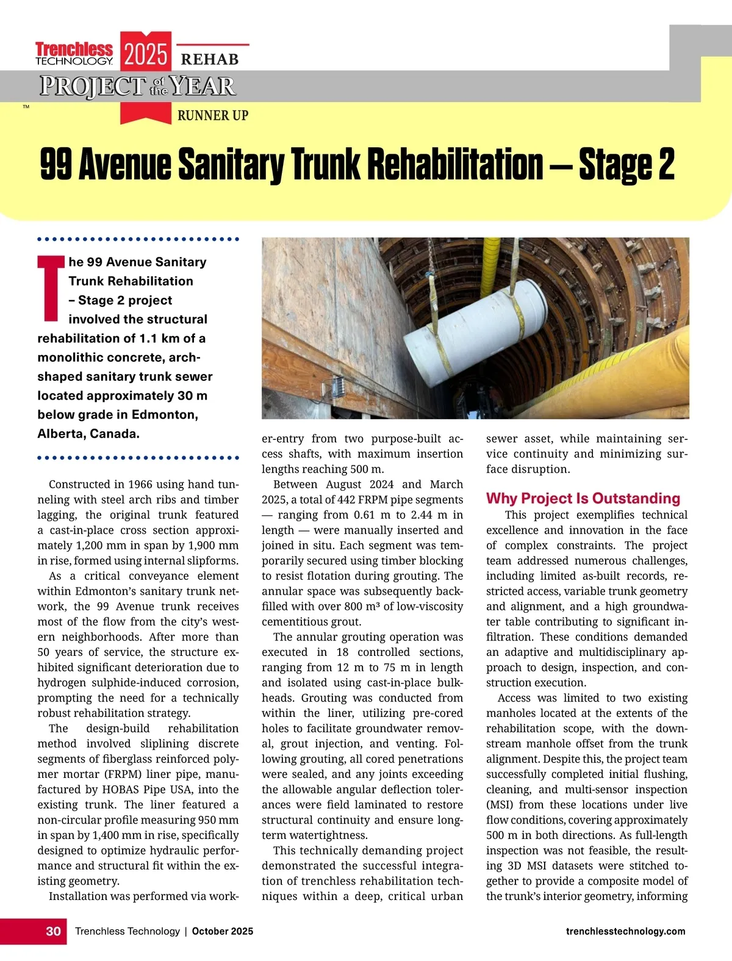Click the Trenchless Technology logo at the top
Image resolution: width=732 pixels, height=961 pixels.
pos(74,53)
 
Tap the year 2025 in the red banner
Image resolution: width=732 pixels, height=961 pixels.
pos(145,54)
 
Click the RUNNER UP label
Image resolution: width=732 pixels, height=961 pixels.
pos(212,115)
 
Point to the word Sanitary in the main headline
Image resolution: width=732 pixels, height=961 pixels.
pos(231,165)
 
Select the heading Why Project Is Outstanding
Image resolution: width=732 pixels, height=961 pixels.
pos(583,498)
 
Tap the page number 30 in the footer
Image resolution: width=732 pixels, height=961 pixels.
pos(53,931)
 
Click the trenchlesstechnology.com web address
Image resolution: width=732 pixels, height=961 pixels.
pos(625,931)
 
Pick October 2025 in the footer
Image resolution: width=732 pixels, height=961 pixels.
pos(222,931)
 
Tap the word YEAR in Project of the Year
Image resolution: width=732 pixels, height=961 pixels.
pos(202,87)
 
